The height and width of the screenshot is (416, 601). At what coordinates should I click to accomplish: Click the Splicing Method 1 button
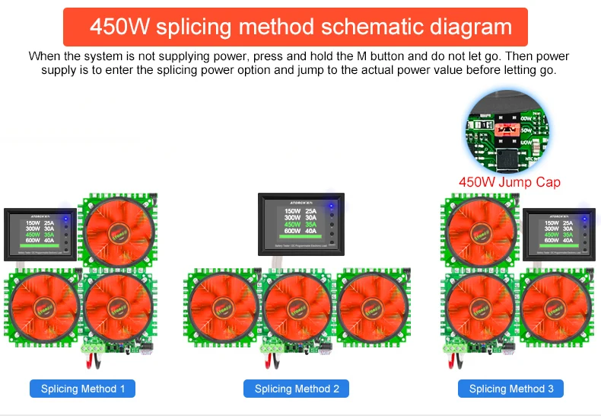click(x=83, y=389)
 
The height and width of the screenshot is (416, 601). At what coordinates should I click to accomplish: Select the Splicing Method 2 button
click(x=297, y=389)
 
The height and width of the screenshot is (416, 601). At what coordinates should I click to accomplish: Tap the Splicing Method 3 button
click(x=510, y=389)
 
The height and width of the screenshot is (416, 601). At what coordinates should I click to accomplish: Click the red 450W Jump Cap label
click(x=509, y=182)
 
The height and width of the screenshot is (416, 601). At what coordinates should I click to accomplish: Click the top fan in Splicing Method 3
click(x=482, y=229)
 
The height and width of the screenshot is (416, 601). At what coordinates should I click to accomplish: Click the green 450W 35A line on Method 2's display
click(x=300, y=225)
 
